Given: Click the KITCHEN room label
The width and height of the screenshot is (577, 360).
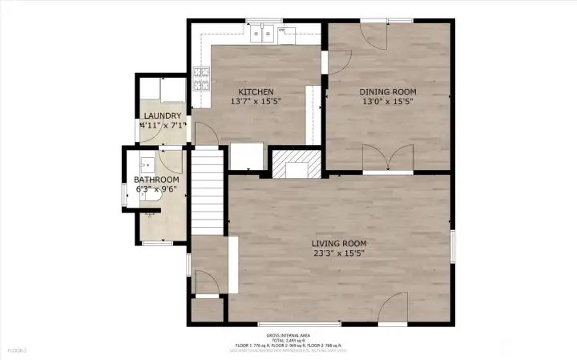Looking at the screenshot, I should point(252,92).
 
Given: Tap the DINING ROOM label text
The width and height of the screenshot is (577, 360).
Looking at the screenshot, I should point(387,92).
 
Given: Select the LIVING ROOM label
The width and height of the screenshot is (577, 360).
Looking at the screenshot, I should point(339,243).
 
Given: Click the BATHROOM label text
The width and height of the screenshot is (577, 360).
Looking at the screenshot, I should point(156,180).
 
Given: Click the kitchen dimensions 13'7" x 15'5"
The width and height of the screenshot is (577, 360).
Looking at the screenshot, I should point(252,103).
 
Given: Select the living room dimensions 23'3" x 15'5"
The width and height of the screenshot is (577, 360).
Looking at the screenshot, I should point(339,253).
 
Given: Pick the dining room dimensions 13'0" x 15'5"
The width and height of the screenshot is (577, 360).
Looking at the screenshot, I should point(387,103).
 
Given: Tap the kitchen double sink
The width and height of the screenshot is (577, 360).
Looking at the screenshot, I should point(262,34).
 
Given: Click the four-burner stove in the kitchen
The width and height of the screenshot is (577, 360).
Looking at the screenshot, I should point(200,78).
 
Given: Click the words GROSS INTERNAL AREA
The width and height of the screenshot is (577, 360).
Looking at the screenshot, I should point(289,335).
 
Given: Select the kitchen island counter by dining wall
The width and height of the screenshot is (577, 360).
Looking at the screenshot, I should point(313,112).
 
